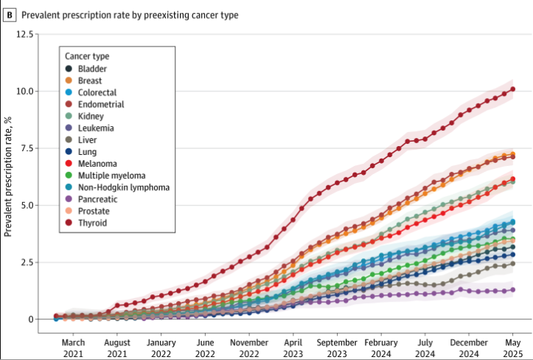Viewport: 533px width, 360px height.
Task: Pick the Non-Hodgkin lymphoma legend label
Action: tap(123, 187)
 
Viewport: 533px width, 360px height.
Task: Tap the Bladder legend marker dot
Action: tap(69, 69)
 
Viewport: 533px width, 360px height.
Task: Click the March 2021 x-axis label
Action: tap(73, 347)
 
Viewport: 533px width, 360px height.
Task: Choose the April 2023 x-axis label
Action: tap(293, 347)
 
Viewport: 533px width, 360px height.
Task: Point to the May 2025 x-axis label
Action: tap(513, 347)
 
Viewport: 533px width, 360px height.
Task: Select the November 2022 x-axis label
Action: tap(249, 347)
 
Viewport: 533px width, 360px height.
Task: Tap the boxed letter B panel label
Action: tap(10, 14)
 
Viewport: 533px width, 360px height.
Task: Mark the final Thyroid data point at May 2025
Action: tap(513, 89)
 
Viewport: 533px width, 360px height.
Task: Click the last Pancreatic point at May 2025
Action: tap(513, 290)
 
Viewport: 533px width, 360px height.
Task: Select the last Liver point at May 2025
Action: tap(513, 263)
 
